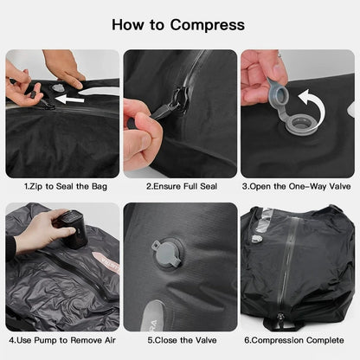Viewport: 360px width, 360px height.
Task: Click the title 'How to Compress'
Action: coord(179,25)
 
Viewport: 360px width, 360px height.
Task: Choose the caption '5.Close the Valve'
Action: coord(179,341)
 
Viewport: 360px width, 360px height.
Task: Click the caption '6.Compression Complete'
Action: coord(298,341)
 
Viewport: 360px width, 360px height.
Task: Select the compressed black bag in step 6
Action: coord(298,268)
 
